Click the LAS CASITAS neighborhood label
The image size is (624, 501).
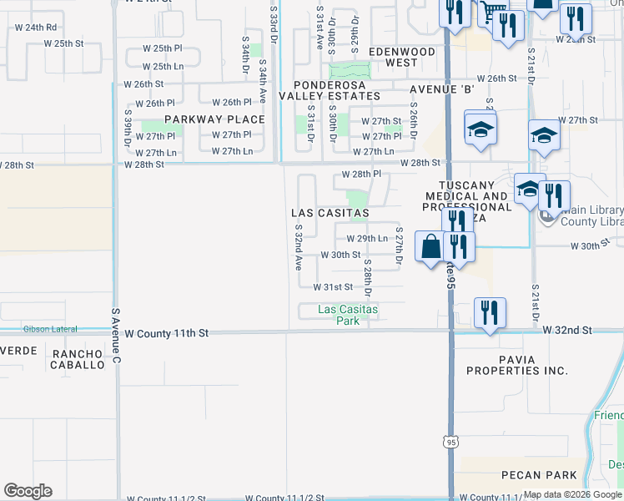click(x=330, y=214)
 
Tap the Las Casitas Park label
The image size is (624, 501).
click(x=348, y=314)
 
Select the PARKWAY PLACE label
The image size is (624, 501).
click(x=214, y=119)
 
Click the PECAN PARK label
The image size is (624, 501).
click(x=539, y=475)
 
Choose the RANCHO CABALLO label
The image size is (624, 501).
click(x=78, y=359)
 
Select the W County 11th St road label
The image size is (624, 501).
click(x=166, y=333)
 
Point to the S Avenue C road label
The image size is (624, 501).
click(x=116, y=337)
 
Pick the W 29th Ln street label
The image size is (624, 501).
click(x=367, y=239)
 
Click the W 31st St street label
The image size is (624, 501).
click(x=334, y=286)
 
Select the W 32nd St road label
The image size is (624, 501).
click(x=567, y=331)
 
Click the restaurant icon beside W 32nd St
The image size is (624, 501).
click(x=490, y=312)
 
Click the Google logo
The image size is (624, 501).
click(x=28, y=491)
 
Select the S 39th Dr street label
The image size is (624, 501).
click(x=128, y=128)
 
